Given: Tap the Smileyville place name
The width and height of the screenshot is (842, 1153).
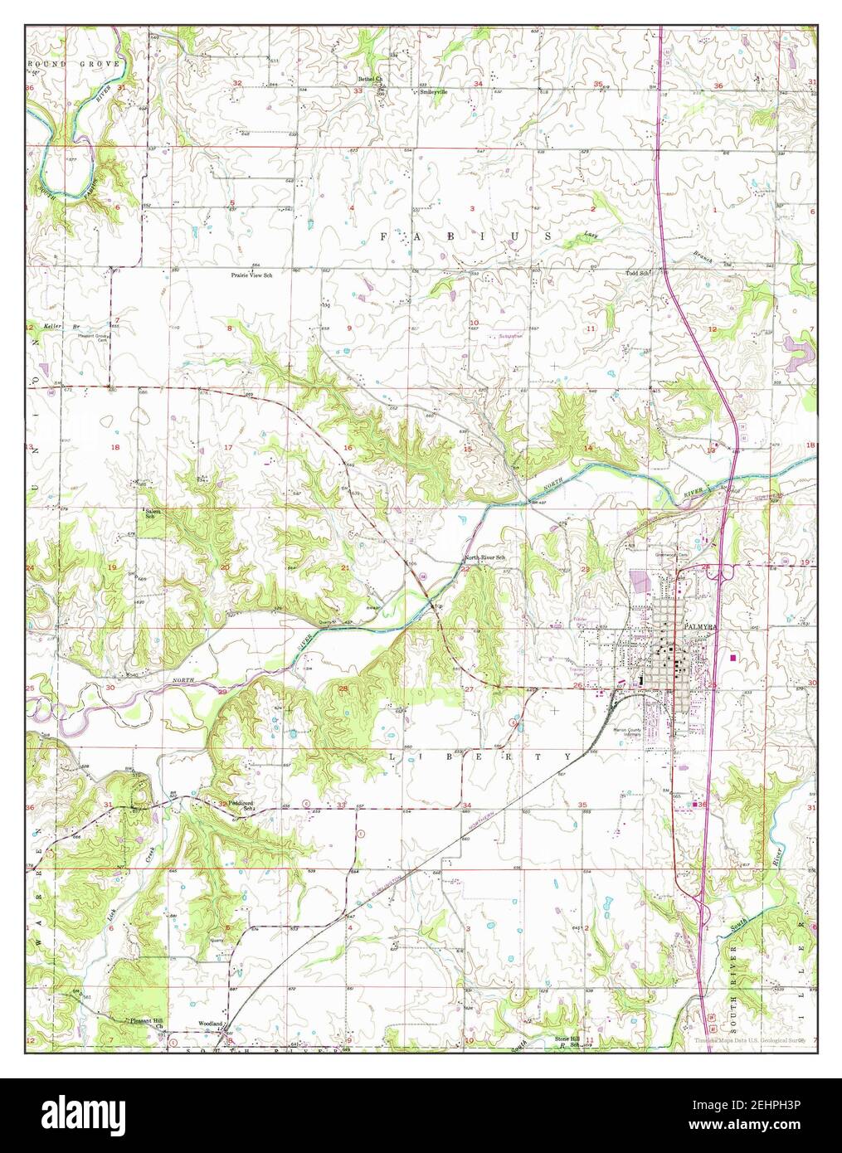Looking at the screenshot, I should pos(432,91).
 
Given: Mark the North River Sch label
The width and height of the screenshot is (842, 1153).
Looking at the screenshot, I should pos(484,557).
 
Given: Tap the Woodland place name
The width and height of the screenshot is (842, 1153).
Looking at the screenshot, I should pos(209,1024).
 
